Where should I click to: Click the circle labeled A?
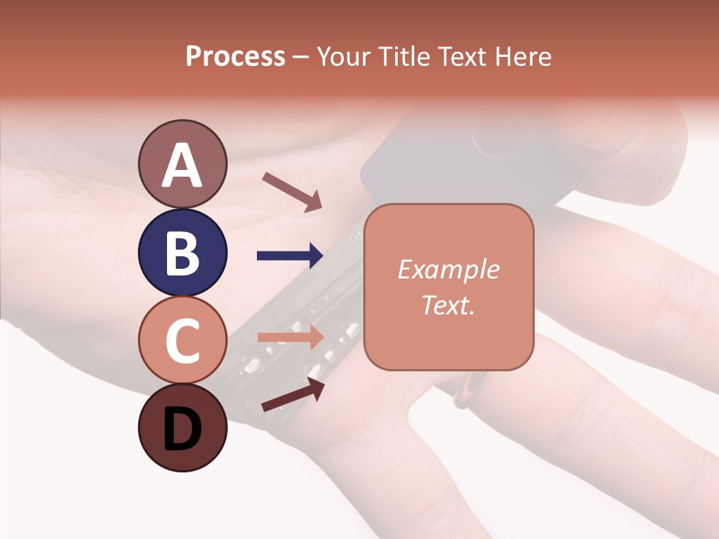click(x=182, y=164)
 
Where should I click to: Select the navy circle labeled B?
click(x=182, y=252)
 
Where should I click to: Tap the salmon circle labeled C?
click(x=182, y=340)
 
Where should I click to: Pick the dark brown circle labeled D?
click(x=182, y=427)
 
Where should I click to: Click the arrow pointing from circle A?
click(x=292, y=191)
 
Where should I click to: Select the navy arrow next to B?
click(x=290, y=256)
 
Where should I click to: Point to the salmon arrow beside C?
click(x=290, y=337)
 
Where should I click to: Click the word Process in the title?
click(x=235, y=57)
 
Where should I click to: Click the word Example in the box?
click(x=448, y=269)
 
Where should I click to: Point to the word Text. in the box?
click(x=448, y=305)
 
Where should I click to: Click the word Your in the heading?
click(x=343, y=57)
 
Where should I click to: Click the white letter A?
click(x=182, y=165)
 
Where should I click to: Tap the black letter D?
click(x=182, y=430)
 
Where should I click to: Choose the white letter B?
click(x=182, y=254)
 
